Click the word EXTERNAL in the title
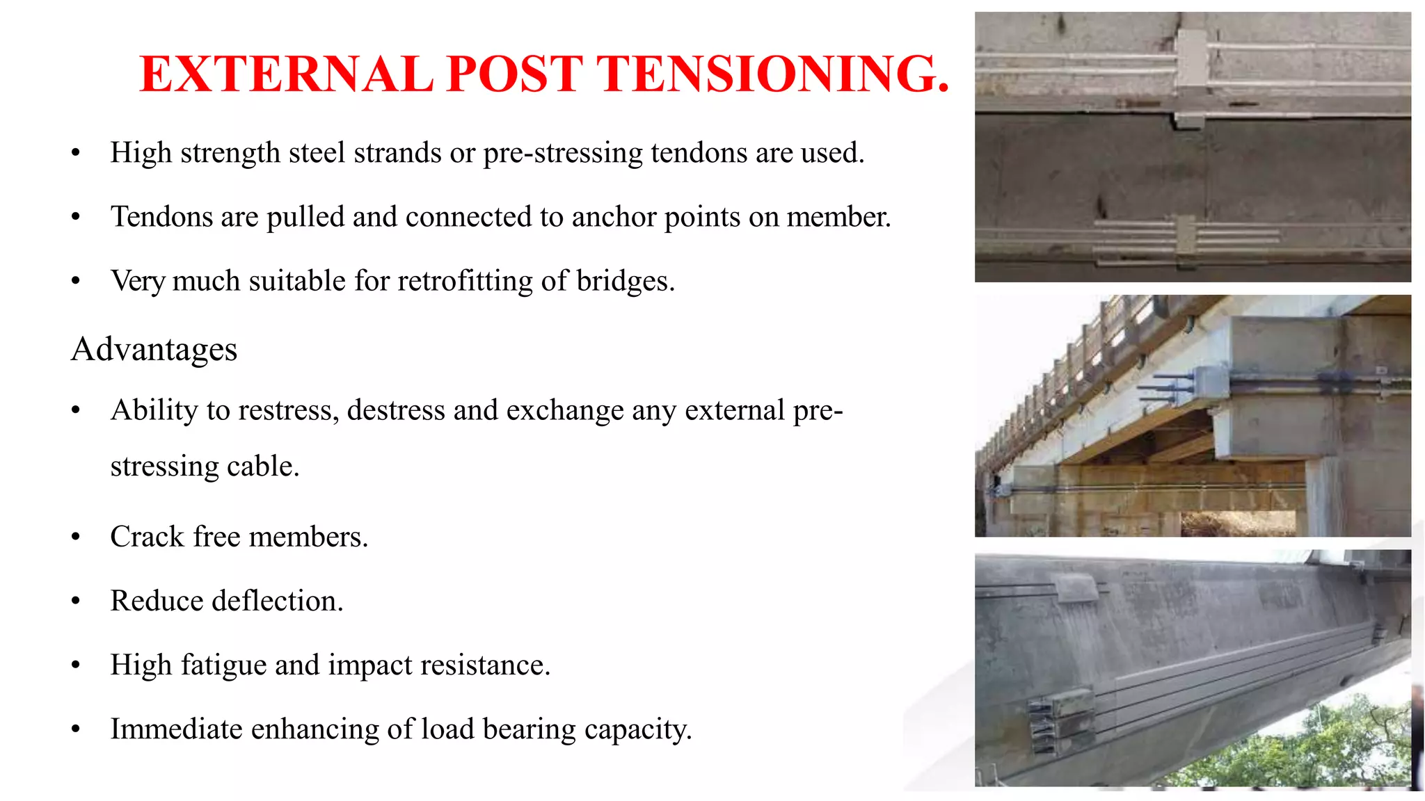(286, 74)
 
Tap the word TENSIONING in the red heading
(773, 74)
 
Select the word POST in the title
(514, 74)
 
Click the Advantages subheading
(154, 349)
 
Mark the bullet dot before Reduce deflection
(76, 601)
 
